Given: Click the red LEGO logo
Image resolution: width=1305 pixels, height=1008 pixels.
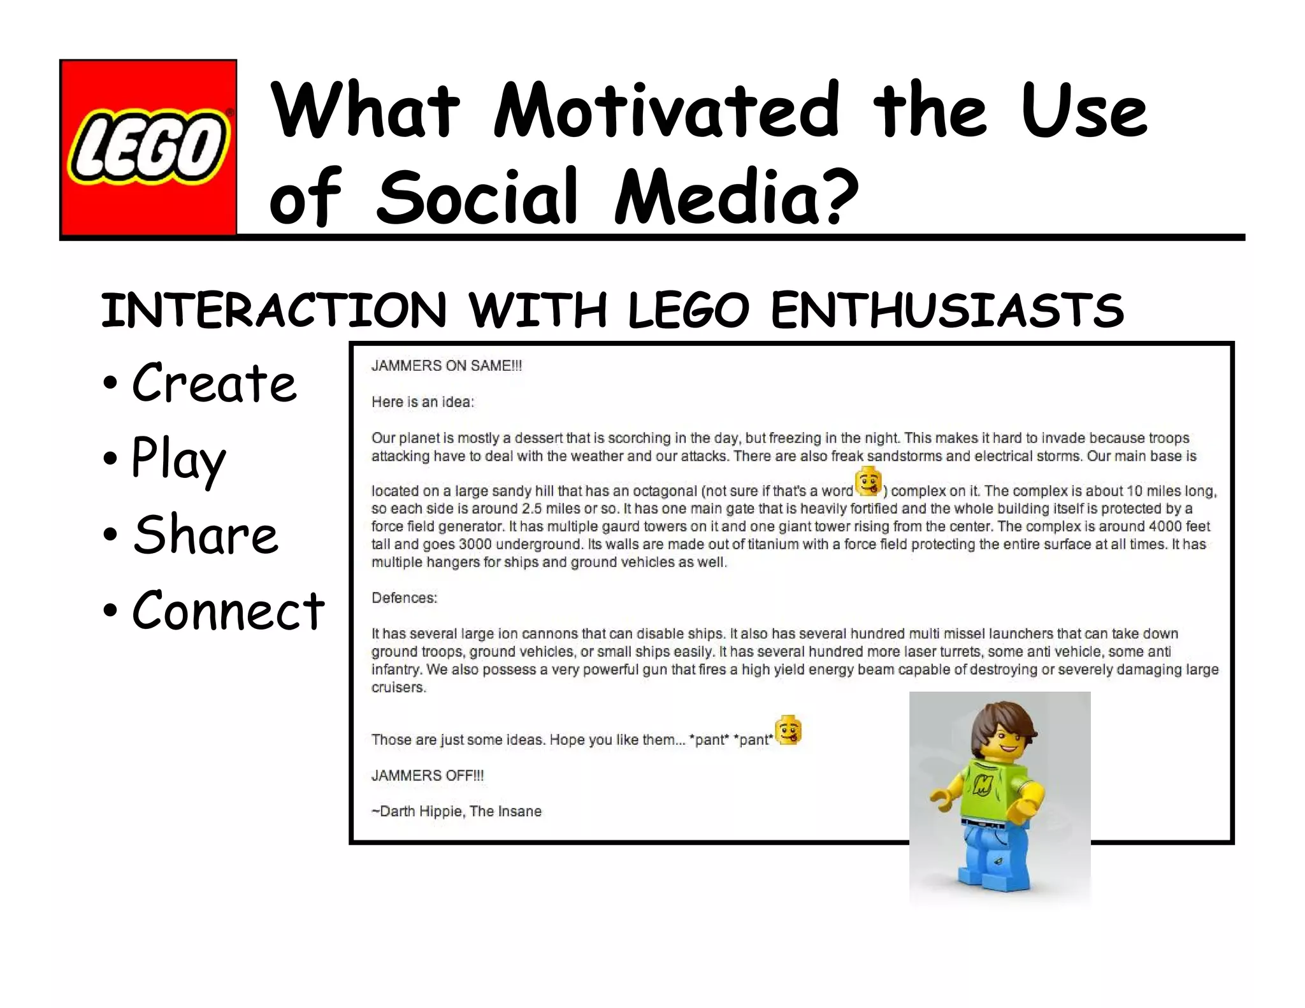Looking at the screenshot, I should [148, 148].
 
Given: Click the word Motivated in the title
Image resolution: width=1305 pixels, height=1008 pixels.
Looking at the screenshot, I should [667, 111].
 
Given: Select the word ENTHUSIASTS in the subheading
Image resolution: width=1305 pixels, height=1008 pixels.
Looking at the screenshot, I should [947, 311].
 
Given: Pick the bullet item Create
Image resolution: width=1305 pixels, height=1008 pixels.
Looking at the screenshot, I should [214, 384].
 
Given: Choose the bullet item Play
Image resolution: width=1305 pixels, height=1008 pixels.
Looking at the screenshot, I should [178, 459].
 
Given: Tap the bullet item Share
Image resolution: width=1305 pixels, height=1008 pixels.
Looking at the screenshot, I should [205, 535].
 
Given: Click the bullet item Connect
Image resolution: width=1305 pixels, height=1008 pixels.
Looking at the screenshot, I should [228, 610].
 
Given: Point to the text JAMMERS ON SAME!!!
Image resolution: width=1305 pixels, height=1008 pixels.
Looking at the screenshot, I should [447, 366].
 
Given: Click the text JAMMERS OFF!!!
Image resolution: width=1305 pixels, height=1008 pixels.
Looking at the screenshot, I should [428, 775].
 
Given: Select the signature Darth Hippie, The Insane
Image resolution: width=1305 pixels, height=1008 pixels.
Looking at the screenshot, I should [456, 811].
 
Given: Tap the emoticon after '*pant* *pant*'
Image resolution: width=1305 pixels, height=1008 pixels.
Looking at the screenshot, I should [788, 730].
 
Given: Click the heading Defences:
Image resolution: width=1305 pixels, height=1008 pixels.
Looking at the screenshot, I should [404, 598].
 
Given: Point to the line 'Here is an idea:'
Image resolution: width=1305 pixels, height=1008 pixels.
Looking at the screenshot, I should [423, 402].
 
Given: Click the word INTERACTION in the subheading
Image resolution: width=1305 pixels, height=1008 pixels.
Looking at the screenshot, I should [274, 311].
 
